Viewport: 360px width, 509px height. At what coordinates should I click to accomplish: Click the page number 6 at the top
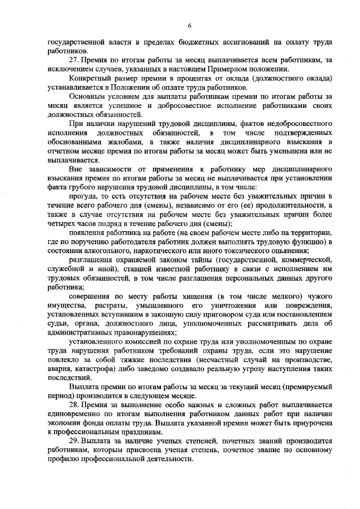(190, 25)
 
